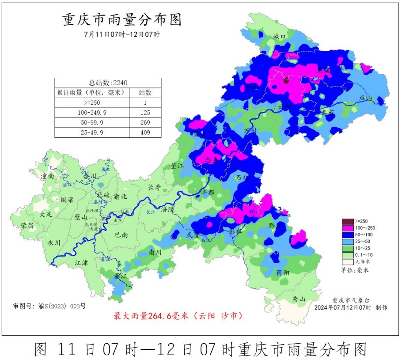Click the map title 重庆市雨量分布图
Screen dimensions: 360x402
[x=121, y=20]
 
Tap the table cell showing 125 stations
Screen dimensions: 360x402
[x=145, y=113]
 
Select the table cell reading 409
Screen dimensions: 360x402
[x=145, y=133]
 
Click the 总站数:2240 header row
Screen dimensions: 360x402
[x=108, y=83]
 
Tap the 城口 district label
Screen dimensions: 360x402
[x=280, y=36]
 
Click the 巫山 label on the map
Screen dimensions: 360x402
[x=366, y=99]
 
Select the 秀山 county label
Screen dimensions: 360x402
[x=299, y=299]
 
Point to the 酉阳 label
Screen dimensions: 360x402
[x=283, y=272]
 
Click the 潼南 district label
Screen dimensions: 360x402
[x=47, y=176]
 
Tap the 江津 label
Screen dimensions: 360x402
[x=81, y=262]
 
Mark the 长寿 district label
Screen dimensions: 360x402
[x=154, y=187]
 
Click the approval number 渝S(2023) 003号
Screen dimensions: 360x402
[x=49, y=306]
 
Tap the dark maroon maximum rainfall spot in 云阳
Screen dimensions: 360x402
[x=286, y=80]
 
